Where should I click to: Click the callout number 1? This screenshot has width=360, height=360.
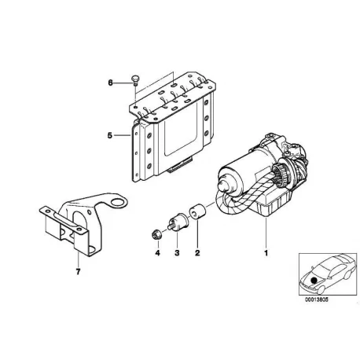click(x=266, y=253)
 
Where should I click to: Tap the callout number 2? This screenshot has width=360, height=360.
click(x=197, y=253)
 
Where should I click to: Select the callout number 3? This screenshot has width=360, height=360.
click(x=178, y=253)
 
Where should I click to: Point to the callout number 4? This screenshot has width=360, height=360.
click(x=157, y=253)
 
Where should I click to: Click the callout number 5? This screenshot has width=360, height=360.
click(x=110, y=135)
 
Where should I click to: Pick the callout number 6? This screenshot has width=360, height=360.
click(x=110, y=83)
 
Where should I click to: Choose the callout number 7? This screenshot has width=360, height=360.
click(x=78, y=272)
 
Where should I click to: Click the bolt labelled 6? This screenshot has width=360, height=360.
click(x=134, y=80)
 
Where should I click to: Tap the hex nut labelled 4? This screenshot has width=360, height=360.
click(x=156, y=233)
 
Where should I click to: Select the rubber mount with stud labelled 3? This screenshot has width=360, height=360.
click(x=177, y=222)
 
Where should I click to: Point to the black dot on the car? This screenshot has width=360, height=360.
click(x=314, y=281)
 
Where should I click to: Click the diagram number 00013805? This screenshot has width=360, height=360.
click(x=316, y=300)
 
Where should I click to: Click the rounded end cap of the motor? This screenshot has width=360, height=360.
click(x=225, y=186)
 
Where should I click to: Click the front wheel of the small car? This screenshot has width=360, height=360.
click(x=321, y=289)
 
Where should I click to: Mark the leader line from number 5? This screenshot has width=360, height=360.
click(x=122, y=135)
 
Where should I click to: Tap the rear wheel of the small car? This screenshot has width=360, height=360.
click(x=347, y=274)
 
